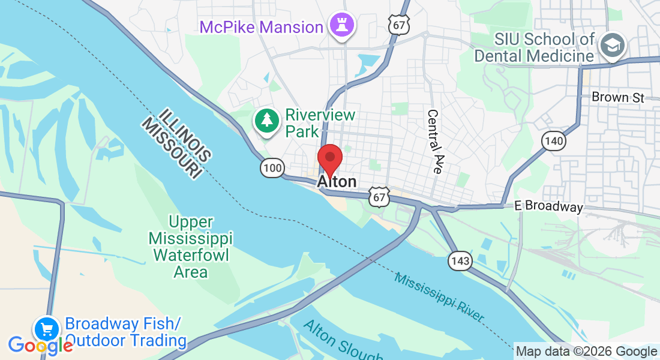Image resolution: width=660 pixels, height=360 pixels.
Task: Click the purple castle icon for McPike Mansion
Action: [341, 26]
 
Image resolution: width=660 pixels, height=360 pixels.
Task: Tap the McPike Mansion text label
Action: [262, 27]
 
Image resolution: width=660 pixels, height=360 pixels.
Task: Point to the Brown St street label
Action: [618, 97]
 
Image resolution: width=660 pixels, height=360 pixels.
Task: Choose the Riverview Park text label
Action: [320, 122]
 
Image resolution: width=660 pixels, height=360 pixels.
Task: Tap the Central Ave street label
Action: [434, 142]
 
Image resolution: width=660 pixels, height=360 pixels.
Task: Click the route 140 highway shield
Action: [553, 141]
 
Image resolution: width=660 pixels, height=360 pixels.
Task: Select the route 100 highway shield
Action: [272, 168]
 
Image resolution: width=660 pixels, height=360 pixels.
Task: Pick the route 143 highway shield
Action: [460, 261]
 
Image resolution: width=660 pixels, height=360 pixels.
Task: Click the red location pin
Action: [329, 159]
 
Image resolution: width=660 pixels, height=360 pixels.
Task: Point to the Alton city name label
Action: [337, 182]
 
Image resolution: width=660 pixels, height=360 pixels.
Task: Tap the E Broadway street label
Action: [548, 206]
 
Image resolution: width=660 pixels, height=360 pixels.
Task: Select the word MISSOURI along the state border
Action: [170, 147]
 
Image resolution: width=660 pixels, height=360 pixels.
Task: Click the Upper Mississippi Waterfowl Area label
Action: [190, 247]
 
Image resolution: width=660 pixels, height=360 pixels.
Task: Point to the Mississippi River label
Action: [439, 296]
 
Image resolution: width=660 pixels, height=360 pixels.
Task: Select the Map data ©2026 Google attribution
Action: [586, 352]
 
